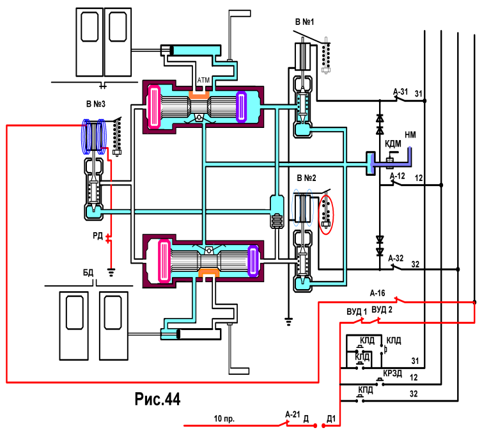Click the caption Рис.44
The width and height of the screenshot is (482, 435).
(157, 399)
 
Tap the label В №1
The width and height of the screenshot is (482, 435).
(305, 22)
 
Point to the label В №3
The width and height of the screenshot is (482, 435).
(96, 104)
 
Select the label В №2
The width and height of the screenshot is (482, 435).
(306, 178)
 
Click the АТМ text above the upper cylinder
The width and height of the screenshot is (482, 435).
(203, 81)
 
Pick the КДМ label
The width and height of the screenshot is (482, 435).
(393, 144)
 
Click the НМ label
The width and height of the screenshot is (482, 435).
(410, 135)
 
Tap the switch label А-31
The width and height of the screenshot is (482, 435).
(401, 91)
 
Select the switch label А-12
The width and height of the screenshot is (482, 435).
(398, 176)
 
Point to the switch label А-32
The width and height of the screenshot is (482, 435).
(396, 258)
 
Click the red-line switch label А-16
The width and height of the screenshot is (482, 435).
(378, 293)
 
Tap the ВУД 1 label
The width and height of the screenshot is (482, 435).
(357, 312)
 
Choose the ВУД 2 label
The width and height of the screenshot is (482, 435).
(382, 310)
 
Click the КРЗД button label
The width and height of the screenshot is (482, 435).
(393, 374)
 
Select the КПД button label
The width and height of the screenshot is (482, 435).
(366, 390)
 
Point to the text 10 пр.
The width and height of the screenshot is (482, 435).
(224, 419)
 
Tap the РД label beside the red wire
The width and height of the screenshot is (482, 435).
(98, 236)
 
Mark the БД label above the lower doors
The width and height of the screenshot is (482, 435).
(88, 273)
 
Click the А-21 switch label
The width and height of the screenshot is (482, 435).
(293, 415)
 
